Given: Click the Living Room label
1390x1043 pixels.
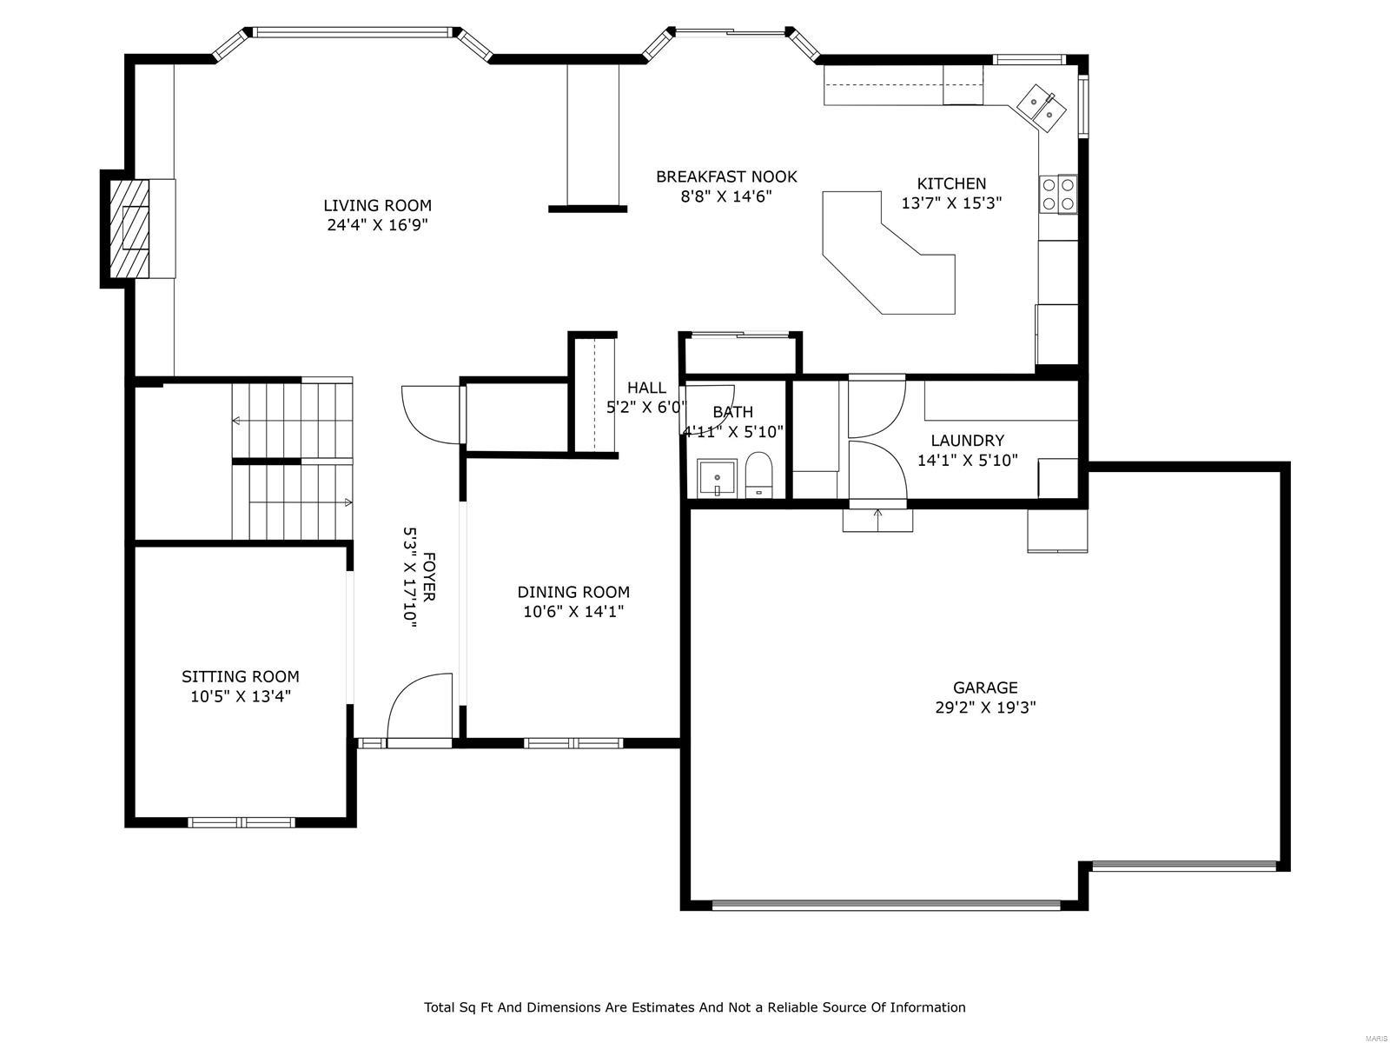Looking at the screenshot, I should pos(377,206).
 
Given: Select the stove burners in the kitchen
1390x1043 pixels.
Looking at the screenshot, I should pos(1058,194).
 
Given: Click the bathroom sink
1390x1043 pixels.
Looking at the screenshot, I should pos(717,479).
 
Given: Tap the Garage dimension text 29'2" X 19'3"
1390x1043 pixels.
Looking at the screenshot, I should pos(985,708).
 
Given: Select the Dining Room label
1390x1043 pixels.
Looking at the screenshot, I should pos(573,592).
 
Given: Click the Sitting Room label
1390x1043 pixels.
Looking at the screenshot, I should pos(241,676).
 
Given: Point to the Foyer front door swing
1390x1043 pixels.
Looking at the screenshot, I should pos(420,708).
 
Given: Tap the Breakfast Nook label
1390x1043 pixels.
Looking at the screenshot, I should pos(726,177).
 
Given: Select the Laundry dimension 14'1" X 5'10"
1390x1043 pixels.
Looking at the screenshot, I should pos(967,461).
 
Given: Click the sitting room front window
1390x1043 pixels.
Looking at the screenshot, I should pos(242,821).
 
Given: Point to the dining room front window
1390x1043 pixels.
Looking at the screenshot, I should pos(573,743).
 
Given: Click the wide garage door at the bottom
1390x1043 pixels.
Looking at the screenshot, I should pos(886,905).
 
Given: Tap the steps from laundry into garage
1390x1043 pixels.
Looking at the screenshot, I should pos(878,520).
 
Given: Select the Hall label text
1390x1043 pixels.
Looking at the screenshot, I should pos(646,388).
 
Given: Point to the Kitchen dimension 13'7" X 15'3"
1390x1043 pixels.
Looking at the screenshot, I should pos(951,203).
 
